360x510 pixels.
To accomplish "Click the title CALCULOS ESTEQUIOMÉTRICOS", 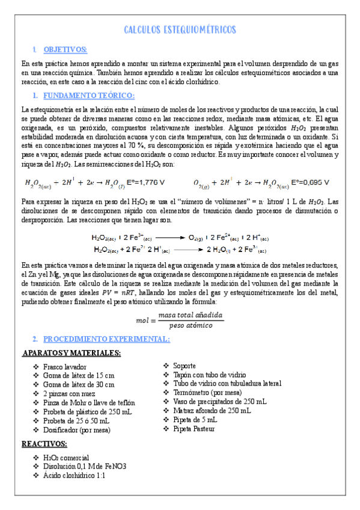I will point(180,30).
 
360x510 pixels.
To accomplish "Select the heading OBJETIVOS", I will point(66,49).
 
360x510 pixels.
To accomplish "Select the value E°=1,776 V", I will point(144,182).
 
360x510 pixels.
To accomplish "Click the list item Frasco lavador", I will point(65,367).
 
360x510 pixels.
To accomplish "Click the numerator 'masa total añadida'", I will point(191,316).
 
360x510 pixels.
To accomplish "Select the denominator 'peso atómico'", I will point(190,325).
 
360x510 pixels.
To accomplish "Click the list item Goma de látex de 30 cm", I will point(79,385).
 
